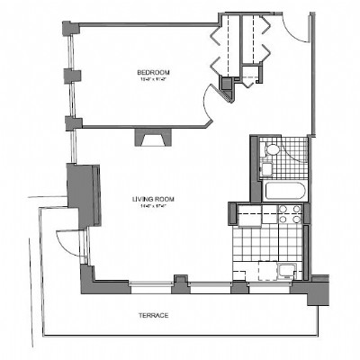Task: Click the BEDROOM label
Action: click(153, 72)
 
